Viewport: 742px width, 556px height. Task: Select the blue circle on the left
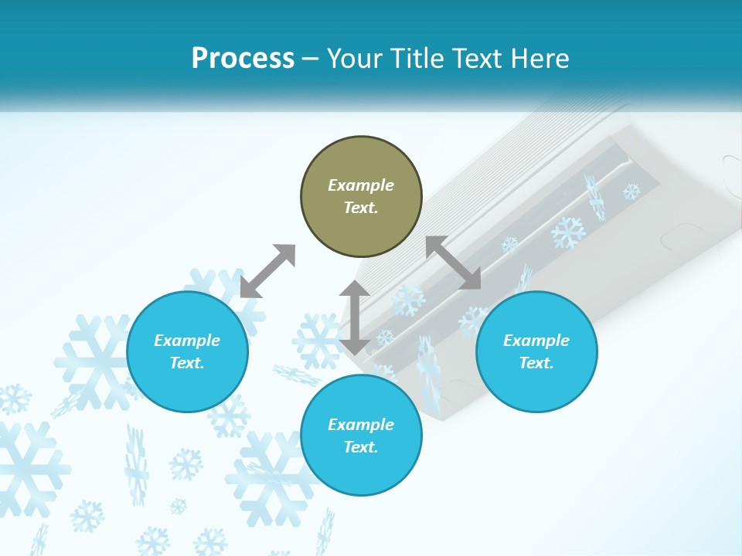coord(187,351)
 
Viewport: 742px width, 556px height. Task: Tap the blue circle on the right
coord(536,351)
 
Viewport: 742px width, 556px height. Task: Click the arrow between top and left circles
coord(268,270)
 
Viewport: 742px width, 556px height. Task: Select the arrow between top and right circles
coord(453,263)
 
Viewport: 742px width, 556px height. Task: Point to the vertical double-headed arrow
coord(355,317)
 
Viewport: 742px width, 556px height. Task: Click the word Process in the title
coord(243,58)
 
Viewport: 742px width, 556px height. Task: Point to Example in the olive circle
coord(361,185)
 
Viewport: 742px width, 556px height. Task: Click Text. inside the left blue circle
coord(187,363)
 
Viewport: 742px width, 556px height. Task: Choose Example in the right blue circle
coord(536,341)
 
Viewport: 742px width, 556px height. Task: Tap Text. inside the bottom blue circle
coord(361,447)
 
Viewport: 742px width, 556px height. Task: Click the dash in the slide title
coord(311,59)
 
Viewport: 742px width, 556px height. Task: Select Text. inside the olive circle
coord(361,208)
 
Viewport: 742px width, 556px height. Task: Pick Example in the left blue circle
coord(187,341)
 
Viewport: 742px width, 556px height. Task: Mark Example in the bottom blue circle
coord(361,425)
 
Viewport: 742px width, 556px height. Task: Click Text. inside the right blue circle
coord(536,363)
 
